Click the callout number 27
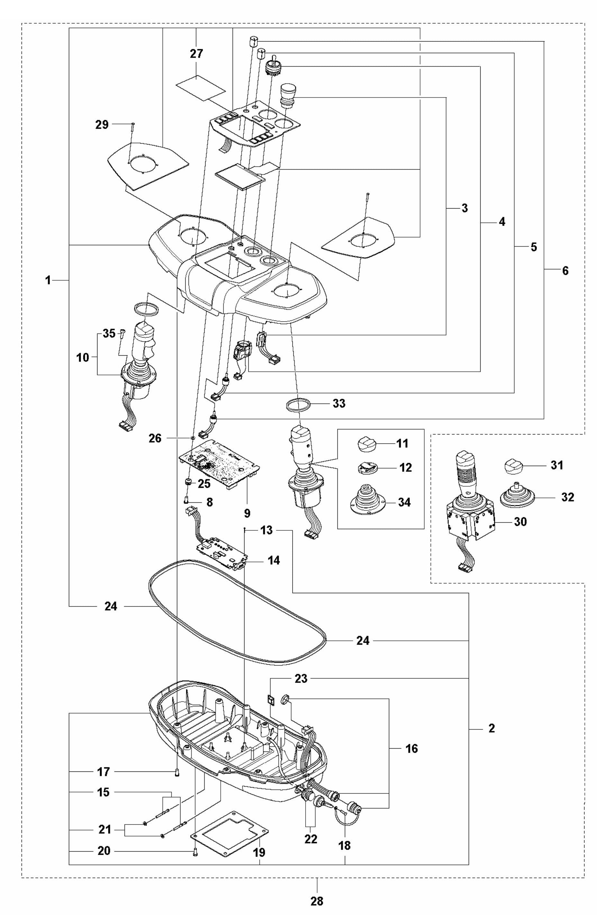click(196, 53)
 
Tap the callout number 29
click(102, 125)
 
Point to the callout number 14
click(274, 560)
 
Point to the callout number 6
click(565, 271)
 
